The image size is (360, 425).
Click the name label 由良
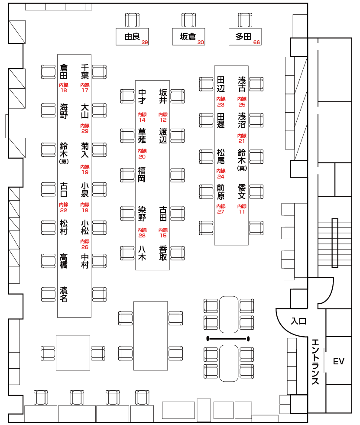point(132,37)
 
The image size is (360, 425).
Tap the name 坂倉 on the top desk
point(188,37)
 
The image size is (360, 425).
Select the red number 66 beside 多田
point(257,42)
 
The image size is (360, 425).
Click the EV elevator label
point(338,361)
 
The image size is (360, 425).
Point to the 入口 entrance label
point(298,321)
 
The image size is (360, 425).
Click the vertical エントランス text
point(315,361)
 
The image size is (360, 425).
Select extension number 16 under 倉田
point(64,90)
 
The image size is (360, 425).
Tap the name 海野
point(64,111)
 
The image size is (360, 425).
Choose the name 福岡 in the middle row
point(142,174)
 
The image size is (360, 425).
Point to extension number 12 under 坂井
point(163,120)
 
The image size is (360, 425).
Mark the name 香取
point(163,253)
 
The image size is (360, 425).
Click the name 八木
point(142,253)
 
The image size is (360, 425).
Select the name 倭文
point(242,192)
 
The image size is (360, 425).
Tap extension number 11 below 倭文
point(242,211)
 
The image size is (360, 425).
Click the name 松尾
point(221,156)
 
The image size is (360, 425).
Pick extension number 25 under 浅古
point(242,104)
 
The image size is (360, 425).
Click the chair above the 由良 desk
point(132,20)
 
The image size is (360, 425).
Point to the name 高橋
point(64,260)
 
